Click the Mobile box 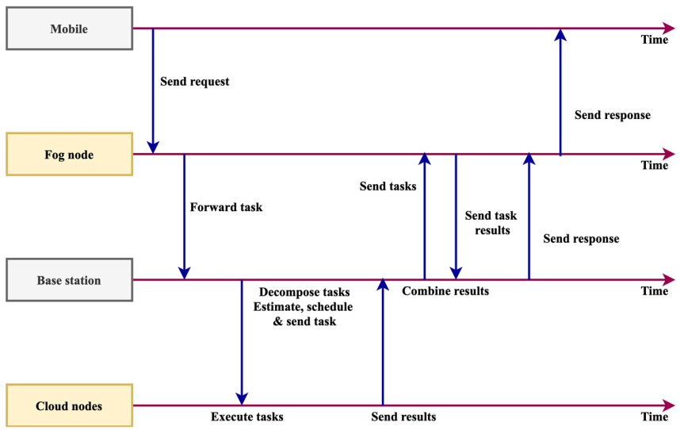pyautogui.click(x=69, y=29)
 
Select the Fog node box pyautogui.click(x=69, y=155)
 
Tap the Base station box pyautogui.click(x=69, y=280)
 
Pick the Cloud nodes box pyautogui.click(x=69, y=406)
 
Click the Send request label pyautogui.click(x=194, y=82)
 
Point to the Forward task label pyautogui.click(x=226, y=207)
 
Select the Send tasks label pyautogui.click(x=388, y=187)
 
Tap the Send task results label pyautogui.click(x=491, y=223)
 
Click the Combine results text pyautogui.click(x=445, y=291)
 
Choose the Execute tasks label pyautogui.click(x=247, y=417)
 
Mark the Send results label pyautogui.click(x=403, y=417)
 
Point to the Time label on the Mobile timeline pyautogui.click(x=655, y=40)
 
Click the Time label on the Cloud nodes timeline pyautogui.click(x=655, y=417)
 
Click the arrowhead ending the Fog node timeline pyautogui.click(x=670, y=154)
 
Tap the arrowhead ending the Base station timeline pyautogui.click(x=670, y=279)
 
